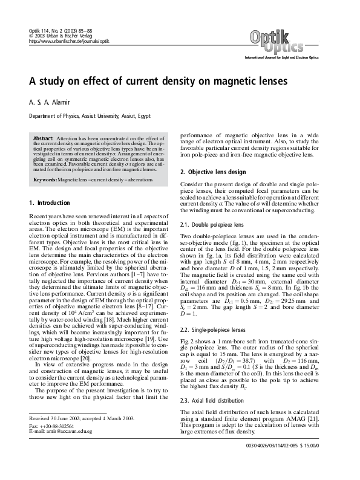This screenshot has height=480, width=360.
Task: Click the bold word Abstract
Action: (x=44, y=139)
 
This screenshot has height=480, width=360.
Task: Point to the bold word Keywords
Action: (x=45, y=180)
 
